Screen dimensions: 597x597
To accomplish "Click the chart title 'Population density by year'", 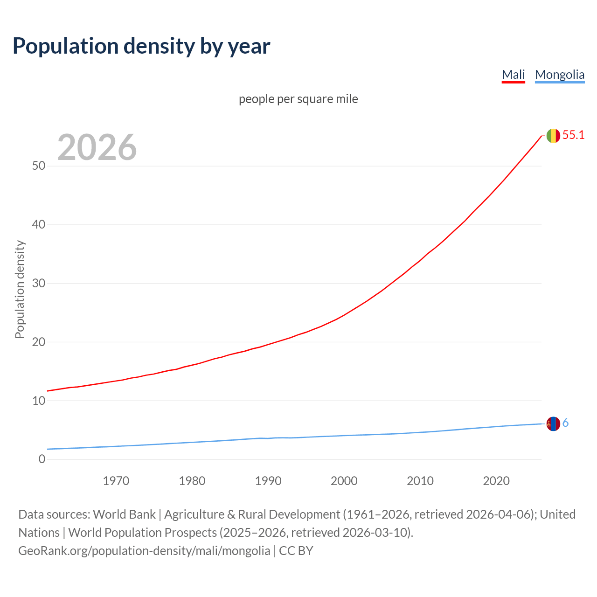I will pos(141,46).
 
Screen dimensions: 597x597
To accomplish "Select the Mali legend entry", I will pos(513,75).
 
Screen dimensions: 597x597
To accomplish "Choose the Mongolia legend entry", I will pos(559,75).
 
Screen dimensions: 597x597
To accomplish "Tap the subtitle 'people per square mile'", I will pos(298,99).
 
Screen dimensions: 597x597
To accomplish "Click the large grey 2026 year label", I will pos(97,147).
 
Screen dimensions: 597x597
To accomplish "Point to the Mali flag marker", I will pos(553,136).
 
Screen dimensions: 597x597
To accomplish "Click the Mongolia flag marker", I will pos(553,424).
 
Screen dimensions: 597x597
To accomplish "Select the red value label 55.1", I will pos(573,135).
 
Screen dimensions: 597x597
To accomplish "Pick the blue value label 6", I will pos(565,423).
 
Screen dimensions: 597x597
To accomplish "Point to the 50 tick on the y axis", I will pos(39,166).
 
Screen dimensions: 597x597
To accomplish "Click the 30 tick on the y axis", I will pos(39,284).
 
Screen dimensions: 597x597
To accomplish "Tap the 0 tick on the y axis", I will pos(42,459).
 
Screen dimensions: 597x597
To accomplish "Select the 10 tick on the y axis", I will pos(39,401).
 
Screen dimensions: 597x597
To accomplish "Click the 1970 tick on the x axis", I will pos(116,481).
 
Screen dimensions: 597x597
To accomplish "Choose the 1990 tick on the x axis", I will pos(268,481).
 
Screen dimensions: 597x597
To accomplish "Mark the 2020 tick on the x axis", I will pos(496,481).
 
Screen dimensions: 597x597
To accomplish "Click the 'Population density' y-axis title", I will pos(20,289).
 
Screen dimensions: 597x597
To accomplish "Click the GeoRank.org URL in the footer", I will pos(144,551).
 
